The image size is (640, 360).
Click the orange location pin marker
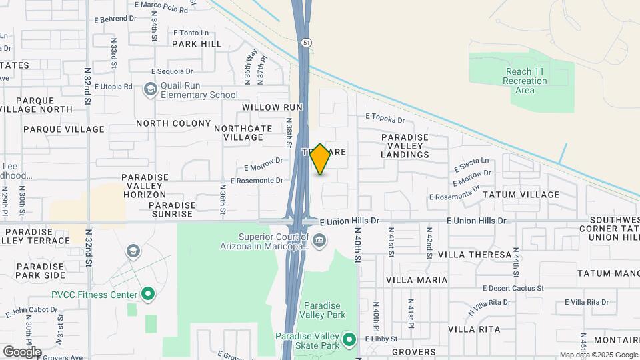click(320, 159)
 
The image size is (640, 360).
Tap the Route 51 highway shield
click(305, 43)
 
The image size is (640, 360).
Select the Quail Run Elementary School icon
click(151, 89)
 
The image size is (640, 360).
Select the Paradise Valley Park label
click(322, 309)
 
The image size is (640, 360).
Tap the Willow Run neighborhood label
click(272, 107)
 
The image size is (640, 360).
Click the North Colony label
click(173, 123)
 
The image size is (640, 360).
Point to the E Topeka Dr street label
click(385, 120)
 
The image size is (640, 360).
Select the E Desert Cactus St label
click(513, 289)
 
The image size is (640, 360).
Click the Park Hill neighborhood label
click(197, 44)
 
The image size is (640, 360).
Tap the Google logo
click(22, 351)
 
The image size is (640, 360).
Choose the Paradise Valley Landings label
click(405, 146)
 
